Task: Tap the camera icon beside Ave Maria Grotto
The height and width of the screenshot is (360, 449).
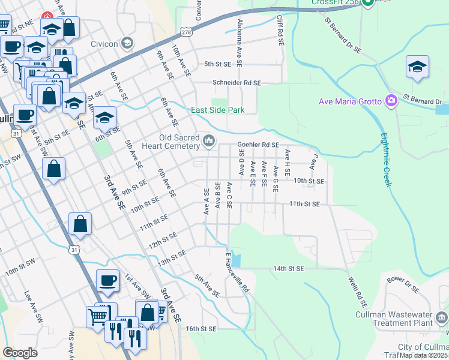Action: point(392,100)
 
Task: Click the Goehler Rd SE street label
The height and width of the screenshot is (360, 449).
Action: point(258,145)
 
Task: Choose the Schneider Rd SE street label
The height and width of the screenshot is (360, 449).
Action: point(237,83)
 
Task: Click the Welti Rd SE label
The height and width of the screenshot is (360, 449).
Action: point(357,288)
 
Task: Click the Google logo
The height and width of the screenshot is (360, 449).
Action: point(20,353)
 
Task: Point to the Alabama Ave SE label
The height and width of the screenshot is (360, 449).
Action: point(240,42)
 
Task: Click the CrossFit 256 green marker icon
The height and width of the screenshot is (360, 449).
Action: point(370,2)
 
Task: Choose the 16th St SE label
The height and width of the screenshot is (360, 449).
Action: point(200,329)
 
